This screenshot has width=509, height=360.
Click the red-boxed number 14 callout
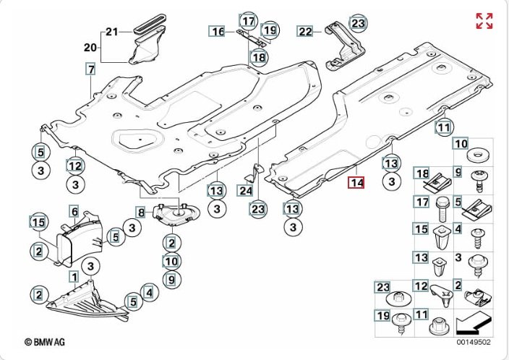356,182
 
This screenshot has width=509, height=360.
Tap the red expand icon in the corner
484,21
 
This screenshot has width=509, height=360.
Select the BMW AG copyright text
45,341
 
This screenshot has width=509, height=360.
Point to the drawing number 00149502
474,342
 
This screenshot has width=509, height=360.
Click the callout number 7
91,69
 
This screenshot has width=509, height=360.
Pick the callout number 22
305,32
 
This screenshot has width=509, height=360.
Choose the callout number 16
217,32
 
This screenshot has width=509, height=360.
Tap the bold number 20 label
90,48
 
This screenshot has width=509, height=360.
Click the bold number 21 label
111,32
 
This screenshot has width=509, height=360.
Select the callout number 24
245,190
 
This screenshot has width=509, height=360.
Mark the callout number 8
141,213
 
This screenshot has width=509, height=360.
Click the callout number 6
74,212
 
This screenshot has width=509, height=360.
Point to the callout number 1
74,277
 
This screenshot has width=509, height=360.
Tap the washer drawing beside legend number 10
478,155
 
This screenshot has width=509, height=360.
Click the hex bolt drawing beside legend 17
442,209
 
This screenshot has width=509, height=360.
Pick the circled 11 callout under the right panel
444,127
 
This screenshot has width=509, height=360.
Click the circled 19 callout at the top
270,30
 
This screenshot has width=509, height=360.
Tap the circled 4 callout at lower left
149,293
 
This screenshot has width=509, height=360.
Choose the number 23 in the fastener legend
382,287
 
